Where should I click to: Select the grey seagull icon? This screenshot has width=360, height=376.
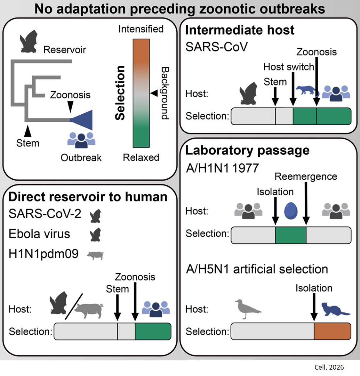click(247, 309)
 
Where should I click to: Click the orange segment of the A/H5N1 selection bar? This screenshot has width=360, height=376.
click(332, 331)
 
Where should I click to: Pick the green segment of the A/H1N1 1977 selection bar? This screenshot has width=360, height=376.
click(291, 235)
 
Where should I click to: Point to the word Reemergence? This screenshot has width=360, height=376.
click(306, 176)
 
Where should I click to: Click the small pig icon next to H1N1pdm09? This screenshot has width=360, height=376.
click(95, 255)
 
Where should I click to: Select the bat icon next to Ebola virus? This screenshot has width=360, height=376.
click(96, 234)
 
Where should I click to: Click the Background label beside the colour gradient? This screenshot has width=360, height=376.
click(165, 93)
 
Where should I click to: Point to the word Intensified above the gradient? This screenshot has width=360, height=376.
click(141, 29)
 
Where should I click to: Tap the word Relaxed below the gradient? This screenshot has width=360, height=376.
click(141, 158)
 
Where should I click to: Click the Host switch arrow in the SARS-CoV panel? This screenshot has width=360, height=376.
click(292, 90)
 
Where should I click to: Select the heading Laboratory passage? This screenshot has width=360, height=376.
click(247, 150)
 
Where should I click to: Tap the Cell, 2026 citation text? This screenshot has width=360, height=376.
click(329, 367)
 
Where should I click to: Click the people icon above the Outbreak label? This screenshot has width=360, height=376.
click(81, 140)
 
